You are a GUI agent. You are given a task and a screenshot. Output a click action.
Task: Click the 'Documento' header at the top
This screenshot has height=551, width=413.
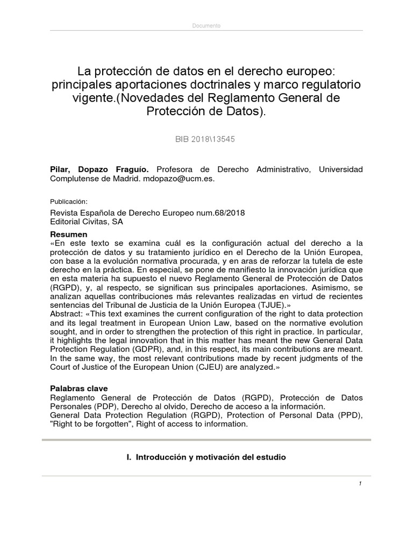click(206, 26)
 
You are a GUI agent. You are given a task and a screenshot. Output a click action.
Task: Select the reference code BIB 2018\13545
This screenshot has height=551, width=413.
click(205, 139)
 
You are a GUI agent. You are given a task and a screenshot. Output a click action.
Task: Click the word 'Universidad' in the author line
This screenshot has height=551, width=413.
click(341, 169)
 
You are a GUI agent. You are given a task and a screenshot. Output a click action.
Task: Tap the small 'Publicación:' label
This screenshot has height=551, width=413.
click(68, 201)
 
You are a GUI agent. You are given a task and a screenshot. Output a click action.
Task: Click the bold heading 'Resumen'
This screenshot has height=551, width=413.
click(68, 235)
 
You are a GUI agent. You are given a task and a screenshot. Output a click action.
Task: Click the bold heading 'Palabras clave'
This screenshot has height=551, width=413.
click(79, 388)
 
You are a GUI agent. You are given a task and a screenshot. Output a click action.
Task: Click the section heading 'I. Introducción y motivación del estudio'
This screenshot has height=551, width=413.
click(206, 457)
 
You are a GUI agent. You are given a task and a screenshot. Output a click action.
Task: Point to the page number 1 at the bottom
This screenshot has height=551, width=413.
click(360, 484)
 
